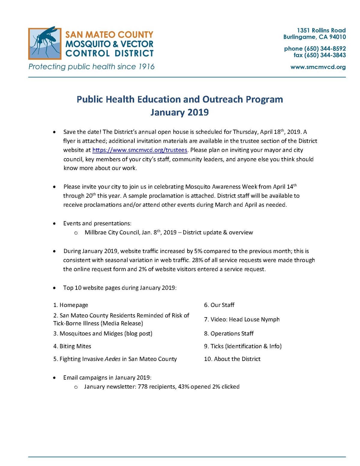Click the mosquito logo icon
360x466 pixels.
coord(45,44)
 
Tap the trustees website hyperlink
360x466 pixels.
coord(140,150)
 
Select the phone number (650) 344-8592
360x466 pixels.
coord(325,49)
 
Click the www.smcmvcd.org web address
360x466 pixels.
coord(318,67)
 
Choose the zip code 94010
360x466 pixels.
coord(337,37)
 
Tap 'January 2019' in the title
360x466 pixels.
coord(179,112)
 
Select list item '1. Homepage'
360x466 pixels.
coord(71,305)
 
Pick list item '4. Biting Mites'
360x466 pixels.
coord(72,346)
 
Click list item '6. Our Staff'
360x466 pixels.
coord(219,305)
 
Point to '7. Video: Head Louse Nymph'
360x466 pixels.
coord(242,320)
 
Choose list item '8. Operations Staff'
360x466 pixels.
coord(229,334)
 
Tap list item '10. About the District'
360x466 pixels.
coord(232,359)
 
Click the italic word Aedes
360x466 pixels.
coord(112,359)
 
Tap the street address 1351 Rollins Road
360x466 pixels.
coord(321,30)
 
